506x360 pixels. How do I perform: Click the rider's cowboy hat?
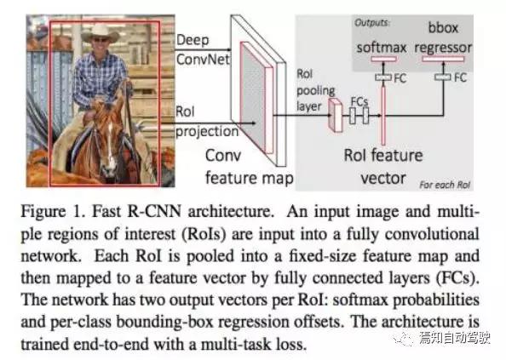[x=100, y=33]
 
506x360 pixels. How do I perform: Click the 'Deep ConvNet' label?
[x=203, y=49]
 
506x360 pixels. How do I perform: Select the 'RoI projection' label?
[x=207, y=122]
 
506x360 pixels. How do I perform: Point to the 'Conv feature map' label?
[x=249, y=166]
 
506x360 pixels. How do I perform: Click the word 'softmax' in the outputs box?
[x=382, y=48]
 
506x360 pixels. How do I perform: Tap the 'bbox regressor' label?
[x=443, y=37]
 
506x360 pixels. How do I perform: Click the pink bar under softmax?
[x=383, y=59]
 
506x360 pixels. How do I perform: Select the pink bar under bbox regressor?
[x=444, y=59]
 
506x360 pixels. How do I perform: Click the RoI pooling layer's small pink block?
[x=335, y=115]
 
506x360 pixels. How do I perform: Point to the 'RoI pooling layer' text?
[x=315, y=90]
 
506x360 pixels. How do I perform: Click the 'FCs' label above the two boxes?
[x=359, y=101]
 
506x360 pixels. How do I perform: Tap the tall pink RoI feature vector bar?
[x=383, y=116]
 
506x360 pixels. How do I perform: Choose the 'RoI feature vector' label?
[x=383, y=167]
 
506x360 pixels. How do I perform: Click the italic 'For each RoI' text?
[x=445, y=185]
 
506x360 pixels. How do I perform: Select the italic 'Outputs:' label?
[x=372, y=23]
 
